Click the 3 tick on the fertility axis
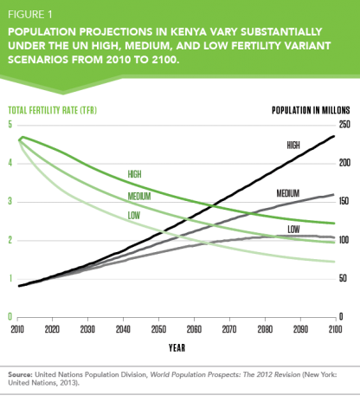[11, 201]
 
